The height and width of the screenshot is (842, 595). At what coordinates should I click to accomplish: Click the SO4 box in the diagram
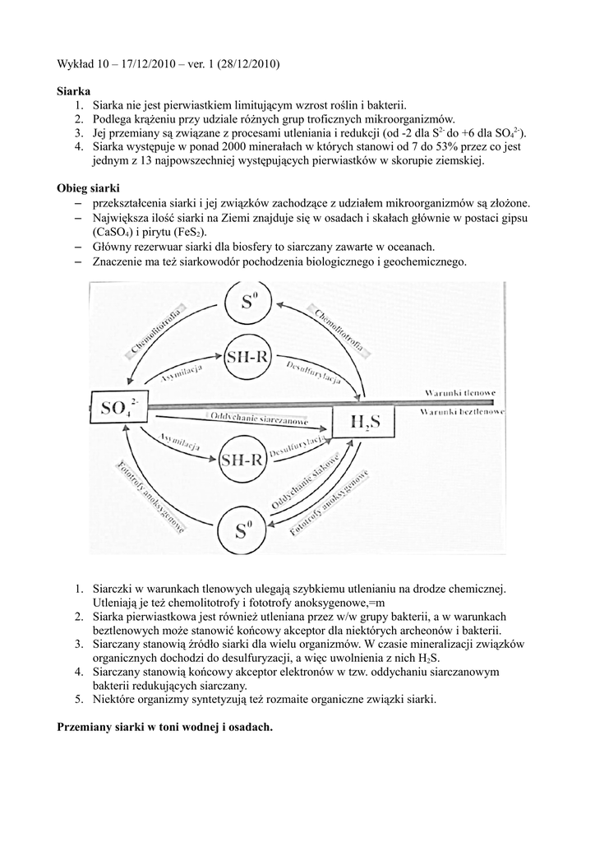coord(119,407)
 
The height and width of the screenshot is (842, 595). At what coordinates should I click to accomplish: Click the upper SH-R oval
coord(246,356)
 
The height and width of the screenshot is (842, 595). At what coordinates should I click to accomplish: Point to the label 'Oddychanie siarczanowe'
coord(259,418)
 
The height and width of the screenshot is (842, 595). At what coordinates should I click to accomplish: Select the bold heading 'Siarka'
coord(74,90)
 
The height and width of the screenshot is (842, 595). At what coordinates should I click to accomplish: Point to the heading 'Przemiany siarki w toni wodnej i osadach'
coord(165,728)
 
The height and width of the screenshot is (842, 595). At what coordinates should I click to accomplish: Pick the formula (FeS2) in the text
coord(185,233)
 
